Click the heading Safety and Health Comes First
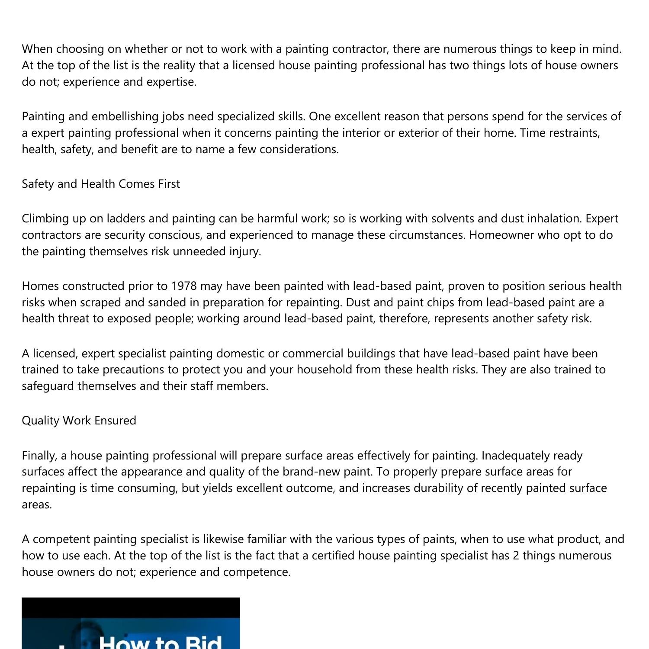click(101, 184)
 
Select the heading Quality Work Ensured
click(79, 421)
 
